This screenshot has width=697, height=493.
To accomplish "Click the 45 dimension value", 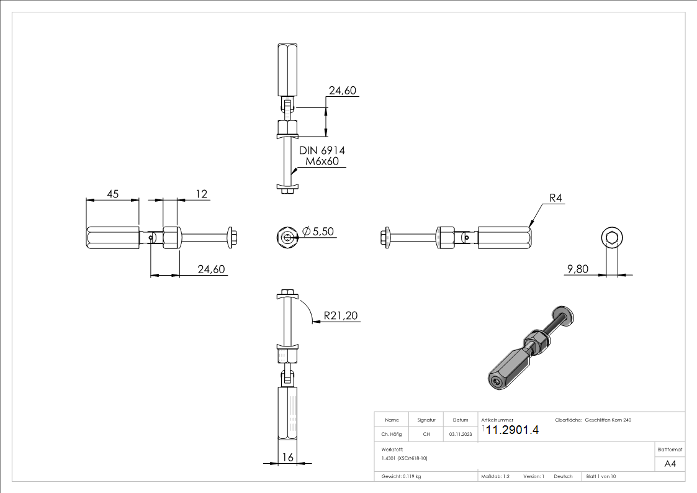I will (x=112, y=194).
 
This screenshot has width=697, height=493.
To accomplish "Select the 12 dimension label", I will (x=201, y=194).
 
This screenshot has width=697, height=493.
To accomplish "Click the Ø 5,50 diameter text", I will (x=318, y=232).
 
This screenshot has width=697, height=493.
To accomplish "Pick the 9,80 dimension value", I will (x=577, y=269).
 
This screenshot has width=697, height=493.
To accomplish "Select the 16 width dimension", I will (x=287, y=457).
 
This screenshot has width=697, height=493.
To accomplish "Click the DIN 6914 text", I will (x=322, y=150).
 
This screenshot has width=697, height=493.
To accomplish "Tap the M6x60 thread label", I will (x=322, y=162).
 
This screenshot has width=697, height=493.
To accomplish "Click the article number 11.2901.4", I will (x=512, y=430).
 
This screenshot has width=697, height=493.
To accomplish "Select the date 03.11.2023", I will (x=460, y=434).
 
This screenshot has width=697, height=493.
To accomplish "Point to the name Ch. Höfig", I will (x=392, y=434).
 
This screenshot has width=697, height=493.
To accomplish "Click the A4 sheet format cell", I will (x=670, y=464).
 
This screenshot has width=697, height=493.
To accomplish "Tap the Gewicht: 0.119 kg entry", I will (x=402, y=476).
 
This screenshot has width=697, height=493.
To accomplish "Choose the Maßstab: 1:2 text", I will (x=495, y=476).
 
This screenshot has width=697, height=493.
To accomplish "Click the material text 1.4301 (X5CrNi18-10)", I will (x=405, y=458).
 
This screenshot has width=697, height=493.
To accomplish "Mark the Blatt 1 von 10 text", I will (x=601, y=476).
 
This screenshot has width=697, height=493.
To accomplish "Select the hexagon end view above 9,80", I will (x=611, y=238).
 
